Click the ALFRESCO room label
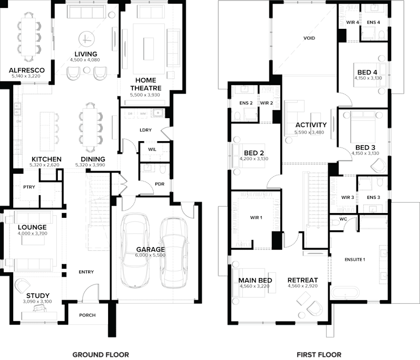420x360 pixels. tap(26, 70)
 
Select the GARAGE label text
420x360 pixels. tap(151, 250)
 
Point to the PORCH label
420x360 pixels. tap(88, 315)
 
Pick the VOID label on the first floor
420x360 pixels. tap(309, 38)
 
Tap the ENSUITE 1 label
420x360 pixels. tap(355, 259)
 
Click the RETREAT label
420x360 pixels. tap(303, 280)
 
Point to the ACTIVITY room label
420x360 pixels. tap(311, 125)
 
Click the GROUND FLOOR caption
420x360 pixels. tap(100, 354)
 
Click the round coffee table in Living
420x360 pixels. tap(86, 39)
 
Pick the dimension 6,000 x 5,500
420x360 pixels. tap(151, 256)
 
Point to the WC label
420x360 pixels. tap(343, 218)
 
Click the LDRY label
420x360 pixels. tap(146, 130)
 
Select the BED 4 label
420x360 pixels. tap(367, 72)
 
